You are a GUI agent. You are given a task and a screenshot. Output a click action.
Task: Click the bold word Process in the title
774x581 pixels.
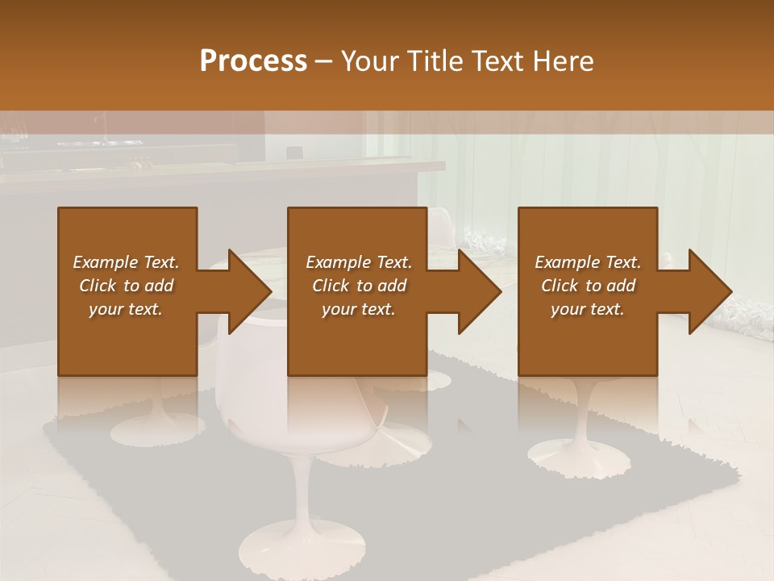253,61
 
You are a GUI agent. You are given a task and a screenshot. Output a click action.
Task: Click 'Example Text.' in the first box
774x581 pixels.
126,262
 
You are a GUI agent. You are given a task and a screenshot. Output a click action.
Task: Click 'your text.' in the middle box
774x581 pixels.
358,309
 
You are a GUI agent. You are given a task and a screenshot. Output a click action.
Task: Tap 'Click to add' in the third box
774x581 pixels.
589,286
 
